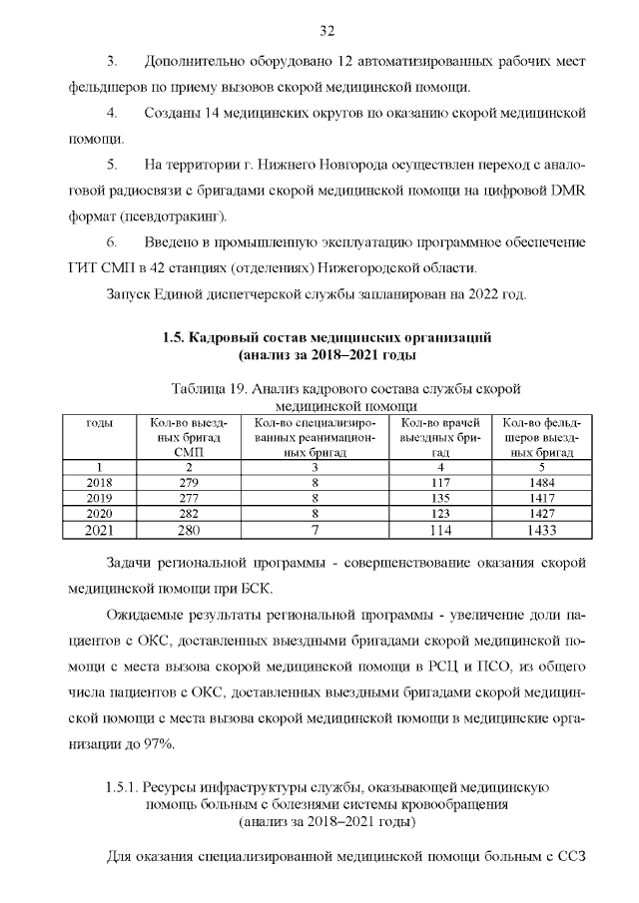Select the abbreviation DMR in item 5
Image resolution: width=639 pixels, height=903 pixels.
(x=561, y=190)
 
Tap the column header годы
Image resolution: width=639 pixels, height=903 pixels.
(x=99, y=423)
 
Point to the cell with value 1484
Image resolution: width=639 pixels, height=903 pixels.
(x=542, y=482)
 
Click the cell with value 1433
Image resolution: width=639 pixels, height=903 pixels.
(x=542, y=529)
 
